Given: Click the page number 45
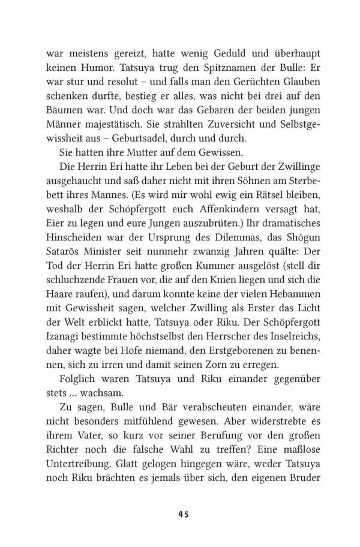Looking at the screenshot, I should [180, 515].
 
